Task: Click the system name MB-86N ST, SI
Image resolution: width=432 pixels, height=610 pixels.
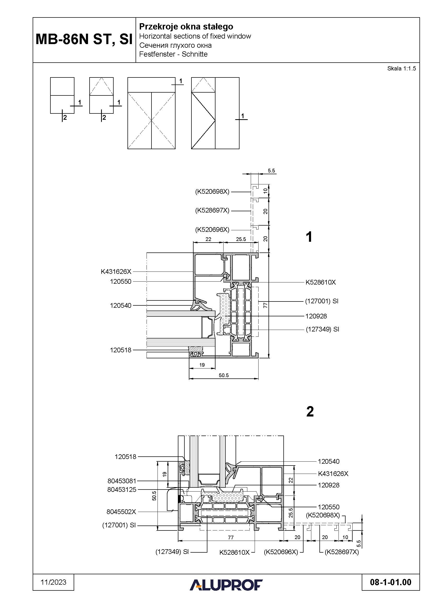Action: pos(84,39)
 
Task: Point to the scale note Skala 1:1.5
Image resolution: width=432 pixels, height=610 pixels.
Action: pos(401,69)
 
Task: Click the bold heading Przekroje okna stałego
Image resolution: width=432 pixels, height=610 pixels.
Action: pos(186,27)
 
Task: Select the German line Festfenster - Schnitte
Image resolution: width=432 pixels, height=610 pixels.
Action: pos(173,54)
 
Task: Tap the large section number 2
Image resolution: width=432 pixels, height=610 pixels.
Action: pos(310,412)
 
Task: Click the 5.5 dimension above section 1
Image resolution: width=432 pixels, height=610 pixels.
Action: pos(271,171)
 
